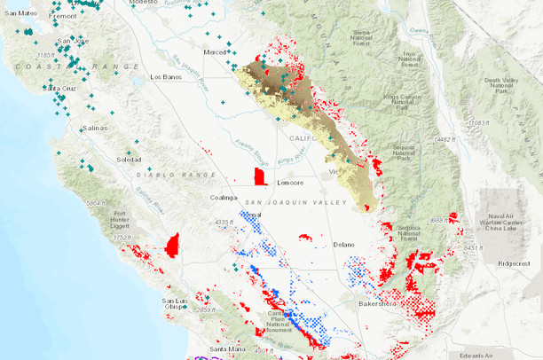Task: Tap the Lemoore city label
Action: point(290,183)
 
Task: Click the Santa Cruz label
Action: point(60,89)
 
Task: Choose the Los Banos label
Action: point(166,77)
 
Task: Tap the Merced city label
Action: point(215,52)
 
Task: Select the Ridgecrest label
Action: point(513,263)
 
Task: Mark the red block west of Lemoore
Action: point(260,175)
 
